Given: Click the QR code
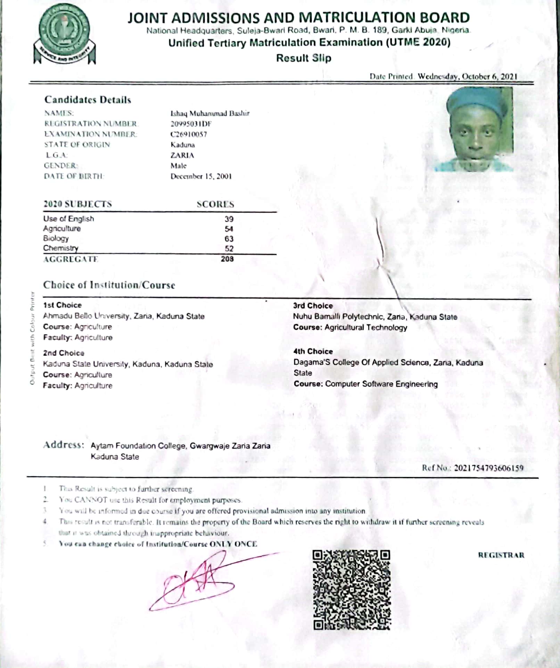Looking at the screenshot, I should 352,590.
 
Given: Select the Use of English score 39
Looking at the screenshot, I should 229,219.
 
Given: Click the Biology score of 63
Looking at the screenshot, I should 229,239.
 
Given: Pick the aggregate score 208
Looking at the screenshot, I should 227,259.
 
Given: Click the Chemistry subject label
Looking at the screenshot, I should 61,248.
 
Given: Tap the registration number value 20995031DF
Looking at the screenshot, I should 191,124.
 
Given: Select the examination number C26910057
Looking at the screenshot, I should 189,134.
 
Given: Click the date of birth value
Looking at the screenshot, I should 201,176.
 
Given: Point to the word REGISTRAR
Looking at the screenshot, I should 501,555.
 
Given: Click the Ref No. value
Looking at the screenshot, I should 488,468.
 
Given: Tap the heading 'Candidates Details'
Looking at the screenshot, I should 88,100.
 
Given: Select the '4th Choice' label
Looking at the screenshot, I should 313,351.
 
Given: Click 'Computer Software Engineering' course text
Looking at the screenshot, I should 381,384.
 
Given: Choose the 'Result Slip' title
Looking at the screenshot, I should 304,58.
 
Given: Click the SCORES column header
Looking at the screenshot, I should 215,204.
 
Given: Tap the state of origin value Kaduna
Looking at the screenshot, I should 182,145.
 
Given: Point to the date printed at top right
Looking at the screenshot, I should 467,76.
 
